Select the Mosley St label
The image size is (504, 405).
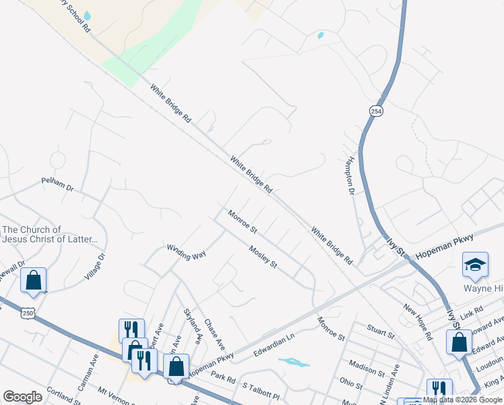[263, 256]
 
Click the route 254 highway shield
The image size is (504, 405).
[376, 111]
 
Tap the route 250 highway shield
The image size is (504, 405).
[27, 313]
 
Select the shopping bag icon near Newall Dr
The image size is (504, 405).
[33, 279]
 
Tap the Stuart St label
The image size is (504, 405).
[380, 331]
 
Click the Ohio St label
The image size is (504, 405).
[351, 384]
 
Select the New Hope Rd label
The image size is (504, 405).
[417, 321]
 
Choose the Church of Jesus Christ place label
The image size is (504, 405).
[51, 234]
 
